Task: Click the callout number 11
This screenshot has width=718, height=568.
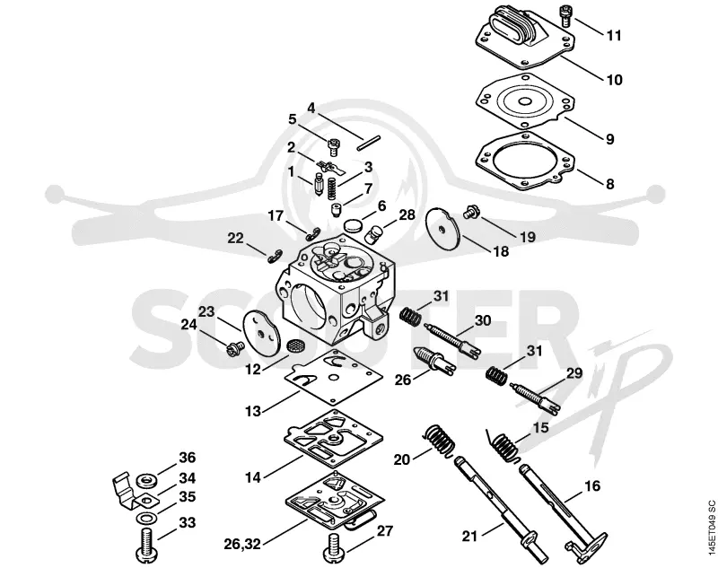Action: click(614, 35)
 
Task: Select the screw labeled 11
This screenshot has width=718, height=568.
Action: click(565, 13)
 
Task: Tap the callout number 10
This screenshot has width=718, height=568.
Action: click(615, 80)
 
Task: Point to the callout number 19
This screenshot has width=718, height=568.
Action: click(528, 237)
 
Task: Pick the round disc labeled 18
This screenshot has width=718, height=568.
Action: click(442, 230)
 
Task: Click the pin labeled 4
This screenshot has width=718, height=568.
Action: click(370, 141)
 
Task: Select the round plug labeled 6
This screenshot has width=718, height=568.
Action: click(353, 225)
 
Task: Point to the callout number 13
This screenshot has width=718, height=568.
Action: click(253, 411)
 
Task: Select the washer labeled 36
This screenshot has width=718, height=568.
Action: click(147, 481)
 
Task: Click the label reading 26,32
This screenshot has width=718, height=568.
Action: click(241, 544)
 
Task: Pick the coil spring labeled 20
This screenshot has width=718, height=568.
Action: click(440, 441)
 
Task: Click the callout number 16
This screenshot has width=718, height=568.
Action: click(592, 485)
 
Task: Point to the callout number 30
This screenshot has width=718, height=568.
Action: click(483, 320)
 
